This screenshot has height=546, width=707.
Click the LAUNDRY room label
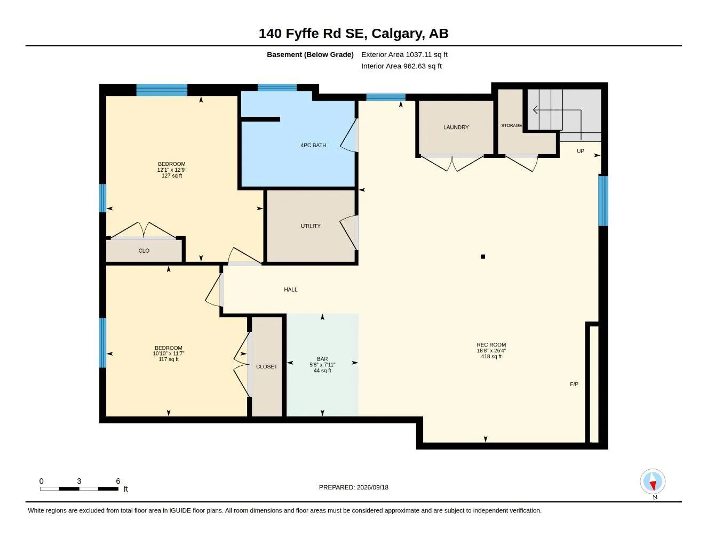tap(456, 127)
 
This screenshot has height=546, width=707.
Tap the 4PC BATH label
tap(313, 145)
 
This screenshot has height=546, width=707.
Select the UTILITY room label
tap(311, 226)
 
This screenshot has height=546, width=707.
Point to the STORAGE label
tap(512, 125)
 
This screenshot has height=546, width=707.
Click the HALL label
tap(291, 290)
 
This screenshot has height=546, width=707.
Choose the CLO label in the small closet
tap(144, 251)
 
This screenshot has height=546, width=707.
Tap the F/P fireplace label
tap(574, 384)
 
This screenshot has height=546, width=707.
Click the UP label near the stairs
tap(581, 151)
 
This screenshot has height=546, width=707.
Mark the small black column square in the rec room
tap(483, 257)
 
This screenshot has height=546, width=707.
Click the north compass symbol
tap(653, 481)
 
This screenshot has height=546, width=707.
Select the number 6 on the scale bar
tap(118, 481)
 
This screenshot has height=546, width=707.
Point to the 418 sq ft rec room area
tap(491, 357)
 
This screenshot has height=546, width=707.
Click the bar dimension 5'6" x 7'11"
tap(322, 365)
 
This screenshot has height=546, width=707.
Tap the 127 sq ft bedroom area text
tap(172, 176)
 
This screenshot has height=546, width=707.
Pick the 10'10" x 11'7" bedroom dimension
tap(169, 354)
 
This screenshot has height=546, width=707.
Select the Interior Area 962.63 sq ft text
tap(401, 66)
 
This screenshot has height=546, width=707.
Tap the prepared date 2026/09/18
tap(372, 487)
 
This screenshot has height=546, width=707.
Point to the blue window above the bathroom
tap(277, 87)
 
